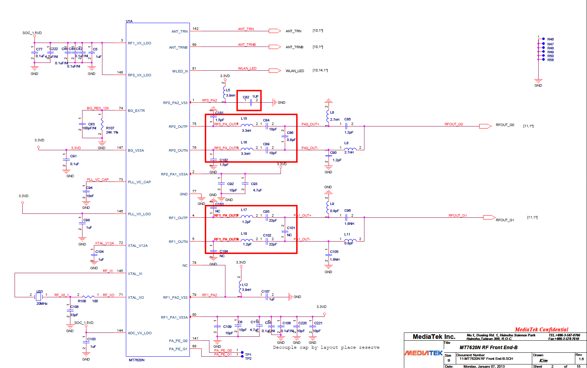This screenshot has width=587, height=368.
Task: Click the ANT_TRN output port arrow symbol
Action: point(274,31)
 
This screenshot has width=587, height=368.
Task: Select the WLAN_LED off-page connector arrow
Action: point(274,70)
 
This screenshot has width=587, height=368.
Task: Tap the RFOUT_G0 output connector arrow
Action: point(485,126)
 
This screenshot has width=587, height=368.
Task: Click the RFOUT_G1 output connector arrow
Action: point(489,217)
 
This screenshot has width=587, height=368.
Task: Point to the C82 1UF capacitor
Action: point(251,102)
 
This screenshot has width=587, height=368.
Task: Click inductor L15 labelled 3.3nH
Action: point(247,125)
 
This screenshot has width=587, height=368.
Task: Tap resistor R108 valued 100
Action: point(87,297)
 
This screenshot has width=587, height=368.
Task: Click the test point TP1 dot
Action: point(242,353)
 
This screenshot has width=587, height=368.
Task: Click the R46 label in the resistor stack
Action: point(550,39)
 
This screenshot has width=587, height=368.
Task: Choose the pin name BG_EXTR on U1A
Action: point(136,111)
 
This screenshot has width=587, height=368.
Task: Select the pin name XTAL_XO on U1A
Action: point(136,298)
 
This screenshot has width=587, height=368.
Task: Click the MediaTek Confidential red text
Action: point(541,330)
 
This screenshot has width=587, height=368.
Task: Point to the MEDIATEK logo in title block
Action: point(423,353)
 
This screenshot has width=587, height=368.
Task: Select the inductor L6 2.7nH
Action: point(328,115)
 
